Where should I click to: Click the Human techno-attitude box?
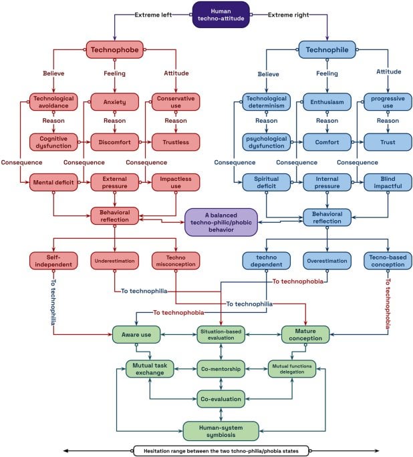(x=221, y=15)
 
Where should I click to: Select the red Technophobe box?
(x=115, y=49)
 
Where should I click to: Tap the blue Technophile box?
(x=327, y=49)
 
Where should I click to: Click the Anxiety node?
(x=115, y=102)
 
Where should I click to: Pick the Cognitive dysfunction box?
(x=53, y=142)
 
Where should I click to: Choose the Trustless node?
(x=176, y=142)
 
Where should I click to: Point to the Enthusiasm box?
(x=327, y=102)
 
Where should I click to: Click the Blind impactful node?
(x=388, y=182)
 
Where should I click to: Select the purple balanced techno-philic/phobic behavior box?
(x=221, y=222)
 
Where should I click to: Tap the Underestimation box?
(x=115, y=261)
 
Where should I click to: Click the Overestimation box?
(x=327, y=261)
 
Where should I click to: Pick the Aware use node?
(x=136, y=335)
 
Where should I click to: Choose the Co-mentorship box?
(x=221, y=369)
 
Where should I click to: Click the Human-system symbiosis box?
(x=221, y=431)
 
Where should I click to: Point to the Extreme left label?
(x=153, y=15)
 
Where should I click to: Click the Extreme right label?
(x=289, y=15)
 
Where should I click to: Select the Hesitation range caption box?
(x=221, y=451)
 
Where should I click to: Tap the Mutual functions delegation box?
(x=292, y=369)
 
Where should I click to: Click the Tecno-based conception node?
(x=388, y=261)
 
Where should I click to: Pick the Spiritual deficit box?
(x=266, y=182)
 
